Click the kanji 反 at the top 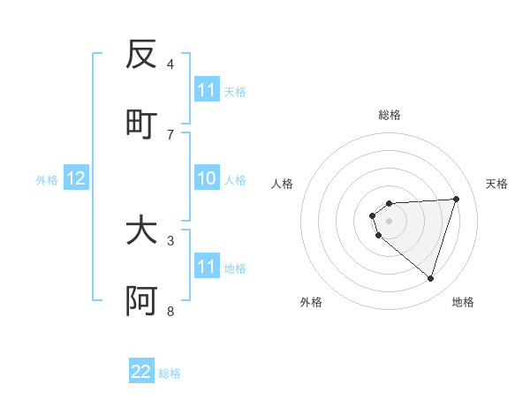[141, 55]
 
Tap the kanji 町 [141, 124]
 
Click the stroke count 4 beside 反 [170, 64]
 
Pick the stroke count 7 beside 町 [170, 134]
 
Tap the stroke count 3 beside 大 [170, 240]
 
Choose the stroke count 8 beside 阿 [170, 311]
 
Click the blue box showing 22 [141, 372]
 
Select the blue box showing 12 [76, 179]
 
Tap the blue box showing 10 [206, 179]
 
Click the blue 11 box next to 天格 [206, 90]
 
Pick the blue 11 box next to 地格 [206, 267]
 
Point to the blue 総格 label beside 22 [170, 373]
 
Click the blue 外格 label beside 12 [47, 180]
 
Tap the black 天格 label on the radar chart [497, 184]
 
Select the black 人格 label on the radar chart [283, 184]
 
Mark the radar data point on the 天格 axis [457, 199]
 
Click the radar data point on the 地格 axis [431, 279]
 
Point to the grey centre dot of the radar [389, 221]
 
